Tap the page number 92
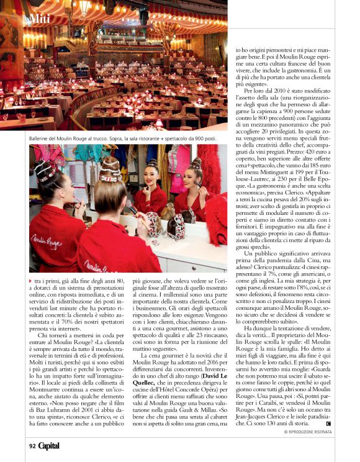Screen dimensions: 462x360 click(x=32, y=445)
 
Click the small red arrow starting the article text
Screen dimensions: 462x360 click(x=31, y=281)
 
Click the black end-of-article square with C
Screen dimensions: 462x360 click(x=328, y=423)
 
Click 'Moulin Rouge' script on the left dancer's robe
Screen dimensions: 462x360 click(x=46, y=240)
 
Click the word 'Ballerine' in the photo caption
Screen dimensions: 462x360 click(x=42, y=138)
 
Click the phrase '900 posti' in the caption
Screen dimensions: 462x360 click(x=202, y=138)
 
